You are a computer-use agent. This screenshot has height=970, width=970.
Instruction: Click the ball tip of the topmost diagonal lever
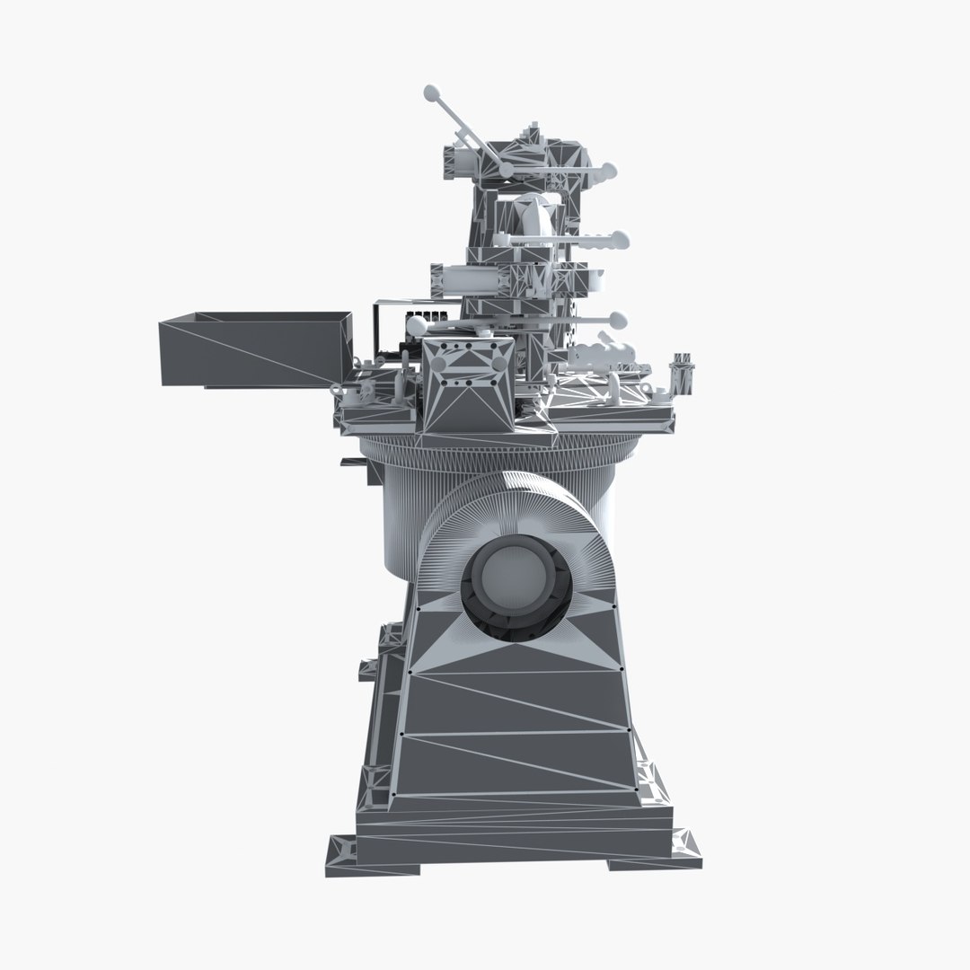point(429,92)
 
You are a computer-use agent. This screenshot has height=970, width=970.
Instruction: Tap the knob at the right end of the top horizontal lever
point(610,169)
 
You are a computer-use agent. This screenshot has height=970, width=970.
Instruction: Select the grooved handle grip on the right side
point(602,240)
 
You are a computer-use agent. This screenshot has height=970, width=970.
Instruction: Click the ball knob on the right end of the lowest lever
point(617,318)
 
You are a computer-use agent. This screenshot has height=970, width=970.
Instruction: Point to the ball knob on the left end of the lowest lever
point(416,324)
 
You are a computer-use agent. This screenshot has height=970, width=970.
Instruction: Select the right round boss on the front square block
point(499,362)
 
